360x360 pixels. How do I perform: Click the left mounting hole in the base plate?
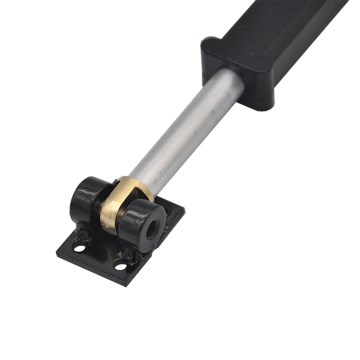(x=80, y=248)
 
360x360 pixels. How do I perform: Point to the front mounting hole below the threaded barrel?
(x=121, y=267)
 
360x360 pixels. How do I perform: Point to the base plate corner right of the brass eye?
(x=184, y=210)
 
